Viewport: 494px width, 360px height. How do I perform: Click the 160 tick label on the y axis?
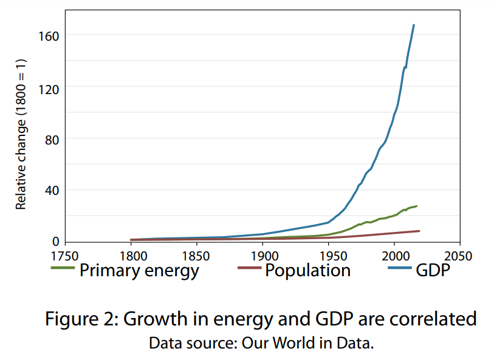[49, 36]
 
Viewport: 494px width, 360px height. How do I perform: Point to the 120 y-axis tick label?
[49, 87]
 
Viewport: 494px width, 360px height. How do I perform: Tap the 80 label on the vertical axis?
[52, 139]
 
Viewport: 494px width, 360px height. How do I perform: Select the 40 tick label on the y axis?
[52, 191]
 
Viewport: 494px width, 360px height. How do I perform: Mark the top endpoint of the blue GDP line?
[414, 25]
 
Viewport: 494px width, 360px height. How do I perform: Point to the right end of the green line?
[416, 206]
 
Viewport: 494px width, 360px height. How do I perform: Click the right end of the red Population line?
[419, 231]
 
